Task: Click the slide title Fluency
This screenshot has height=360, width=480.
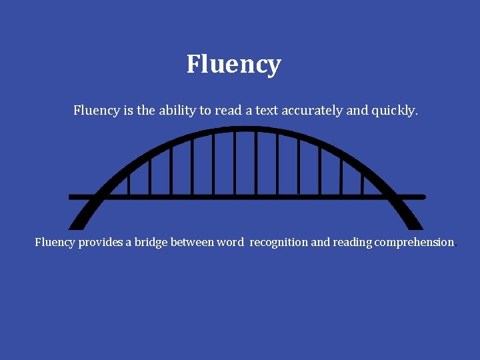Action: click(x=233, y=65)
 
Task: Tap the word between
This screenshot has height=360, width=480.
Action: click(x=192, y=242)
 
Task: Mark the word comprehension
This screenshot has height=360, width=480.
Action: click(x=414, y=242)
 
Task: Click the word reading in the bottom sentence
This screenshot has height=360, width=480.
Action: click(x=352, y=242)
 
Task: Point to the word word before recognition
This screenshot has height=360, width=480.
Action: click(x=231, y=242)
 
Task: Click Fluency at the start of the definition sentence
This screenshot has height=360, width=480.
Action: click(x=96, y=110)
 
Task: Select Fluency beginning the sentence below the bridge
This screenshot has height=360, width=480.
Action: click(x=55, y=242)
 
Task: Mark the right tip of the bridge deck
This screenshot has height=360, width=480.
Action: click(x=423, y=197)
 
